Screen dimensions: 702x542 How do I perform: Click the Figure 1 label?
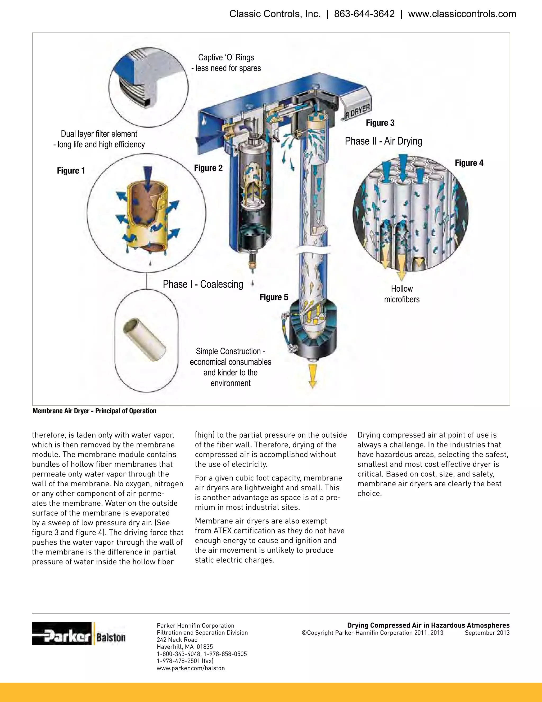tap(71, 171)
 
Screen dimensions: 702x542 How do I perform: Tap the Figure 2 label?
tap(208, 168)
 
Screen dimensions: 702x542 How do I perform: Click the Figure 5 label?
tap(274, 297)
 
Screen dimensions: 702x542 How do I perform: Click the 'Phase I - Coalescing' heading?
tap(203, 284)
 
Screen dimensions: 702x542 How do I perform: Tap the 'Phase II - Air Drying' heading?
tap(383, 141)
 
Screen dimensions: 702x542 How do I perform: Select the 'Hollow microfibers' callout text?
tap(402, 294)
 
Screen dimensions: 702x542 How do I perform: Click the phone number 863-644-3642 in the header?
tap(364, 14)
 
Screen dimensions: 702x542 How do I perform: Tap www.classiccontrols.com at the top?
tap(462, 14)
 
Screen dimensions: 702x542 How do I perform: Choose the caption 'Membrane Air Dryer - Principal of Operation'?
tap(94, 411)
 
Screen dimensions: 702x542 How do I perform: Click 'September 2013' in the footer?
tap(487, 633)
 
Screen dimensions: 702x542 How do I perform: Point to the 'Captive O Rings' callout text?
tap(226, 57)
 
